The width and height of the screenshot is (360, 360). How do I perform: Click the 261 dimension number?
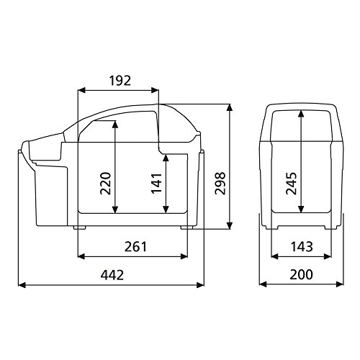tap(134, 247)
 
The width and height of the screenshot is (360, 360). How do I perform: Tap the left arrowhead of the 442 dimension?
tap(21, 285)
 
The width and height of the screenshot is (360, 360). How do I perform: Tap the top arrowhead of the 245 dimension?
tap(300, 112)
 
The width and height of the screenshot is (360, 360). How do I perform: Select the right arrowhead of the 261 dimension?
tap(189, 256)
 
